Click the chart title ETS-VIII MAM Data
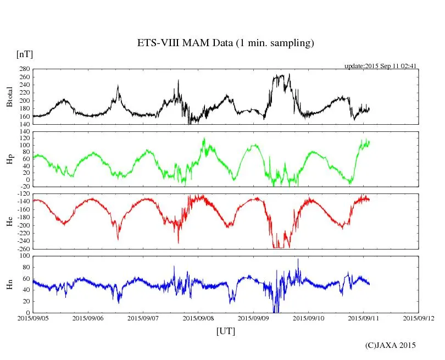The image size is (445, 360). pos(225,43)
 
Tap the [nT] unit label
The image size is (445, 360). pos(25,54)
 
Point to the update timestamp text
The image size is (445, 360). pos(381,66)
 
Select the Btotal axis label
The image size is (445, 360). pos(9,97)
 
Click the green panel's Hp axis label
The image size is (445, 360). pos(9,159)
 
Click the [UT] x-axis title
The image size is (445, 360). pos(225,331)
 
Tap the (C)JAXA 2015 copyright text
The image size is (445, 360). pos(391,345)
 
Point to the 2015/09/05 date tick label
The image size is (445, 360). pos(33,318)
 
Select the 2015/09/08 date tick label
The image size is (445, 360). pos(198,318)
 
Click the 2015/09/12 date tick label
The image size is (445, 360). pos(418,318)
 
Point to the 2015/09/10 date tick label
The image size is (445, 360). pos(308,318)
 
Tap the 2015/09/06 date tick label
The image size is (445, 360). pos(88,318)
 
